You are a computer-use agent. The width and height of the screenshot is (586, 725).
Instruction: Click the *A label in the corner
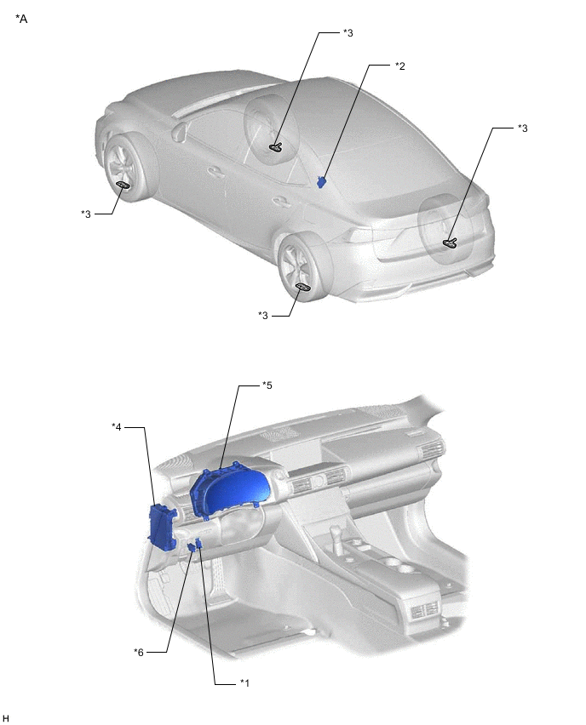click(21, 18)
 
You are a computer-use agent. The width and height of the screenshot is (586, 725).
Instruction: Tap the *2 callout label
click(399, 66)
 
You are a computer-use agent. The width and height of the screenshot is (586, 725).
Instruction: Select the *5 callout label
click(267, 385)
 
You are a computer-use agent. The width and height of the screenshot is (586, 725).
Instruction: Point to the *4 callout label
click(118, 425)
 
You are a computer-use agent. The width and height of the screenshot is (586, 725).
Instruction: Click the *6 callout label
click(139, 652)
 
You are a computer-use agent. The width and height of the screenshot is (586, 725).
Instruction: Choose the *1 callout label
click(244, 682)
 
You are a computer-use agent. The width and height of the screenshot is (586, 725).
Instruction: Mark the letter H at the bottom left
click(6, 719)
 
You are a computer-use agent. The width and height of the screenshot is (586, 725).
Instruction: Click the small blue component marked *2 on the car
click(322, 181)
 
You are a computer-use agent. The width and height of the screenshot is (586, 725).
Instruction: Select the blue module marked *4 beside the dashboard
click(161, 526)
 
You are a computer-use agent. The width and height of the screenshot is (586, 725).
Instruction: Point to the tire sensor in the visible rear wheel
click(302, 288)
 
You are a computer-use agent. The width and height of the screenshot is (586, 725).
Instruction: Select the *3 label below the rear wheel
click(263, 316)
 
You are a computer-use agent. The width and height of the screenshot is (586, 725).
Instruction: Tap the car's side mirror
click(180, 131)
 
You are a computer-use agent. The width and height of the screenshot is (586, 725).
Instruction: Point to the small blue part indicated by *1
click(199, 544)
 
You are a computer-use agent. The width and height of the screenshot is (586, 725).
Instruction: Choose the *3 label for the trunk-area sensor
click(522, 128)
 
